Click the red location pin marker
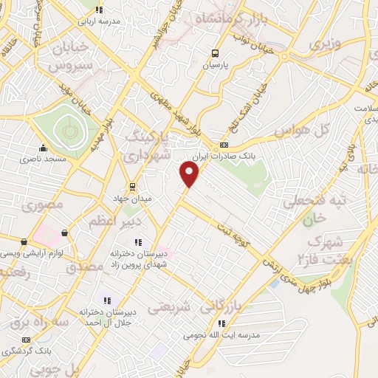pyautogui.click(x=190, y=175)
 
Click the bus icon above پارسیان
pyautogui.click(x=215, y=53)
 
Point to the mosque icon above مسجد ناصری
pyautogui.click(x=43, y=148)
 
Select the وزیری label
pyautogui.click(x=326, y=44)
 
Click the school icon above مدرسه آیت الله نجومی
pyautogui.click(x=221, y=323)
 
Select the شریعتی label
pyautogui.click(x=169, y=305)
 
